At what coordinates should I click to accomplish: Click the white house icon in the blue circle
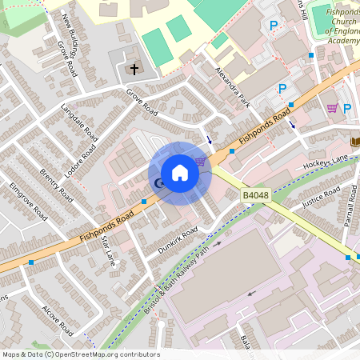[x=179, y=173]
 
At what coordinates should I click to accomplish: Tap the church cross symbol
[x=134, y=70]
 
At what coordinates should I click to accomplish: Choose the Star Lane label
[x=109, y=250]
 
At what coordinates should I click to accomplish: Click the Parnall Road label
[x=350, y=206]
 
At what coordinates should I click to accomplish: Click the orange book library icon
[x=355, y=142]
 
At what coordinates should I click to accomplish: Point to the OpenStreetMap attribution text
[x=81, y=354]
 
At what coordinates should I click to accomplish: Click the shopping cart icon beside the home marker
[x=200, y=162]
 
